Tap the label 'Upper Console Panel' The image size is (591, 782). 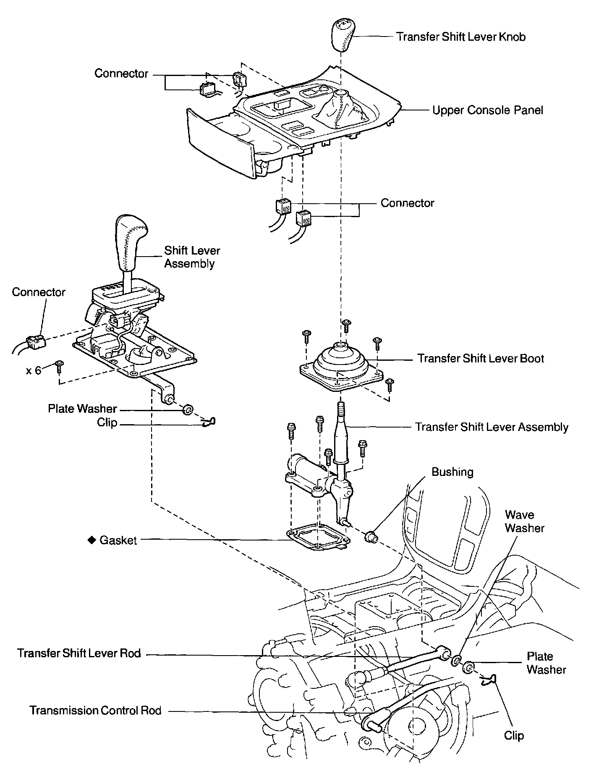click(x=488, y=110)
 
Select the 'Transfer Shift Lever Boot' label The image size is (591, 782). click(x=480, y=359)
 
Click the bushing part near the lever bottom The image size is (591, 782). click(x=371, y=536)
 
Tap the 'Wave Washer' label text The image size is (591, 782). click(x=524, y=521)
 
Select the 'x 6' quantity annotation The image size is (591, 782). click(x=34, y=370)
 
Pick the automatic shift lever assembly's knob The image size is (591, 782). click(x=131, y=242)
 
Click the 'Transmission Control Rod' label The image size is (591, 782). click(x=95, y=710)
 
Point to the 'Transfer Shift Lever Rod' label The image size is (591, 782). click(x=79, y=653)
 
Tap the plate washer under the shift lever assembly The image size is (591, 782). click(x=188, y=409)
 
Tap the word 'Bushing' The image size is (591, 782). click(x=452, y=472)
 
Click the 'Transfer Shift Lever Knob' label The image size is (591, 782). click(x=461, y=37)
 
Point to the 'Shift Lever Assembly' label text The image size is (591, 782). click(x=192, y=257)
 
